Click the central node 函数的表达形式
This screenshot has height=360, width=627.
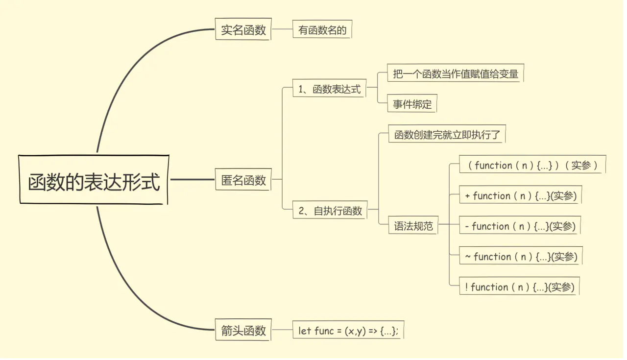94,180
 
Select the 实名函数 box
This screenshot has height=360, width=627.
243,29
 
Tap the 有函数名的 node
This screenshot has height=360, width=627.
322,30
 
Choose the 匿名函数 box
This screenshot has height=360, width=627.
243,180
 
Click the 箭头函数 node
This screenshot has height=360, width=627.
243,330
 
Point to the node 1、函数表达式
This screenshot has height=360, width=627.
329,89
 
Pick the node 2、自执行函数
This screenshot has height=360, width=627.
330,211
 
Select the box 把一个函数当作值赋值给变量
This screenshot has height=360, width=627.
455,74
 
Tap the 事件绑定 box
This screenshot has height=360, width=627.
412,104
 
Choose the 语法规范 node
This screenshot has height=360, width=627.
413,226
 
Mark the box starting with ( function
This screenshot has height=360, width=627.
532,165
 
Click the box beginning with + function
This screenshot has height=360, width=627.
520,196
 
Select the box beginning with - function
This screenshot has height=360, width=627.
520,226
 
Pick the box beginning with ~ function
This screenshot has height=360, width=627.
521,257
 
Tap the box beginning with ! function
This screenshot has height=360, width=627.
519,287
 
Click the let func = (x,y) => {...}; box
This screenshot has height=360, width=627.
348,331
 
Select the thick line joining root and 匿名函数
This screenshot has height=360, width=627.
192,179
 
